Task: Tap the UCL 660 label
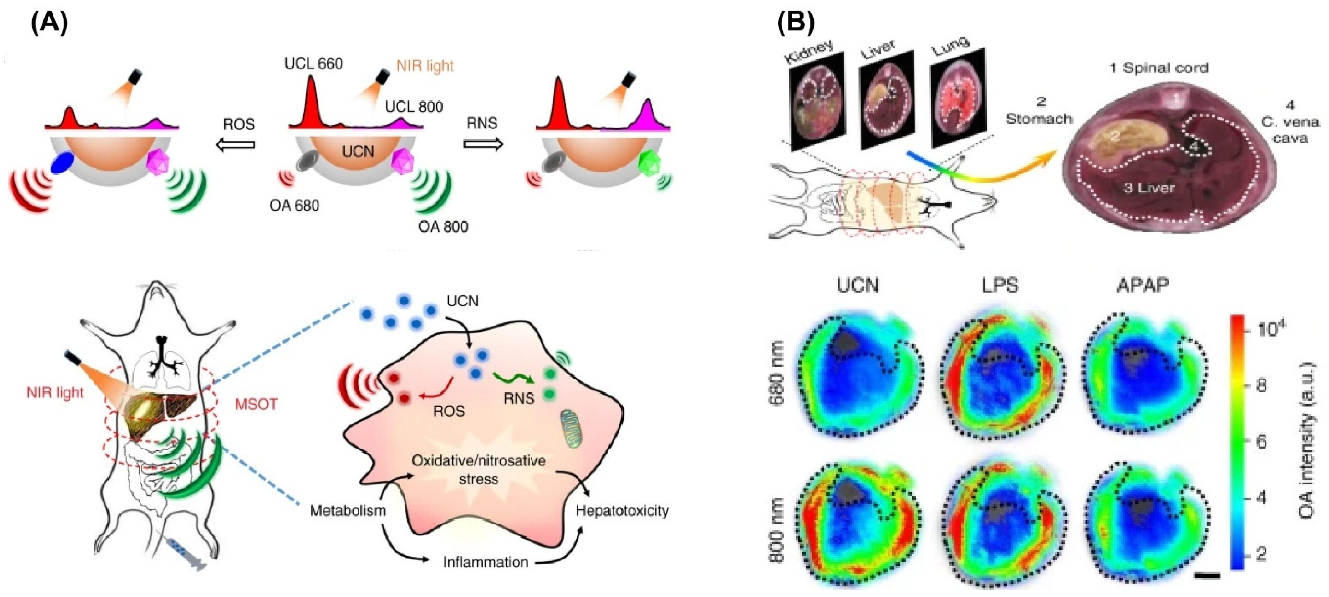coord(313,64)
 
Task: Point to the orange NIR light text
coord(425,66)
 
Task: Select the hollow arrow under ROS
coord(236,144)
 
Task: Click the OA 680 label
coord(294,205)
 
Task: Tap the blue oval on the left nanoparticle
coord(63,163)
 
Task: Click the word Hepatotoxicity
coord(622,510)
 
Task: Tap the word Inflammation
coord(486,562)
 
